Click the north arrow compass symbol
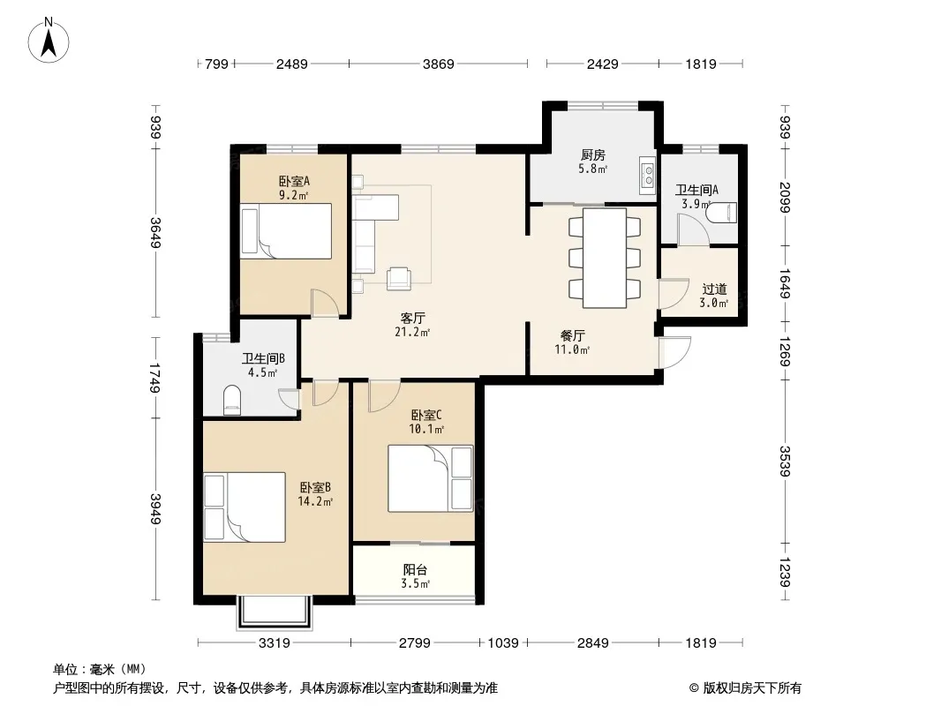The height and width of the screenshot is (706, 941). [x=49, y=41]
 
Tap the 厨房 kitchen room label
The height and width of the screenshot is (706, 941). [x=593, y=154]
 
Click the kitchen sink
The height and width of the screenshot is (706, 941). [x=648, y=175]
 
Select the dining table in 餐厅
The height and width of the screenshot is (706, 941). [x=605, y=258]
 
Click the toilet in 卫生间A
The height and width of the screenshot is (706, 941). [x=720, y=213]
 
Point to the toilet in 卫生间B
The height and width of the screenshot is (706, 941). [x=231, y=400]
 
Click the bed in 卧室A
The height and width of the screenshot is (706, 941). [x=286, y=231]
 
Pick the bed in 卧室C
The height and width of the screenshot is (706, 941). [x=430, y=478]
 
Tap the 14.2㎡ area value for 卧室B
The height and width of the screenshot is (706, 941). [x=315, y=501]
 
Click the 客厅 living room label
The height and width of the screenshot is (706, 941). [x=413, y=318]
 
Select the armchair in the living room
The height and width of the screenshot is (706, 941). [x=399, y=278]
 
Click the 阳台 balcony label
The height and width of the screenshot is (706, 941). [x=415, y=569]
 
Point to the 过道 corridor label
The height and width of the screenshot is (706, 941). [x=714, y=289]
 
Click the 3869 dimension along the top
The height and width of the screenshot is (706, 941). [x=439, y=64]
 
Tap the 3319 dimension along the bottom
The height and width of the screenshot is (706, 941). [x=275, y=643]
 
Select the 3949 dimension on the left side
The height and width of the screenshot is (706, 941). [x=155, y=508]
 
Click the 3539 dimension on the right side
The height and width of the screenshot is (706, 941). [x=785, y=461]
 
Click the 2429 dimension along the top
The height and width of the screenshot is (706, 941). [x=603, y=64]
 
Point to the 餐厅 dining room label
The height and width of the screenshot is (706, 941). [x=573, y=335]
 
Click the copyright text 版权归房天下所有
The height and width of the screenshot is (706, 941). [x=752, y=688]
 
